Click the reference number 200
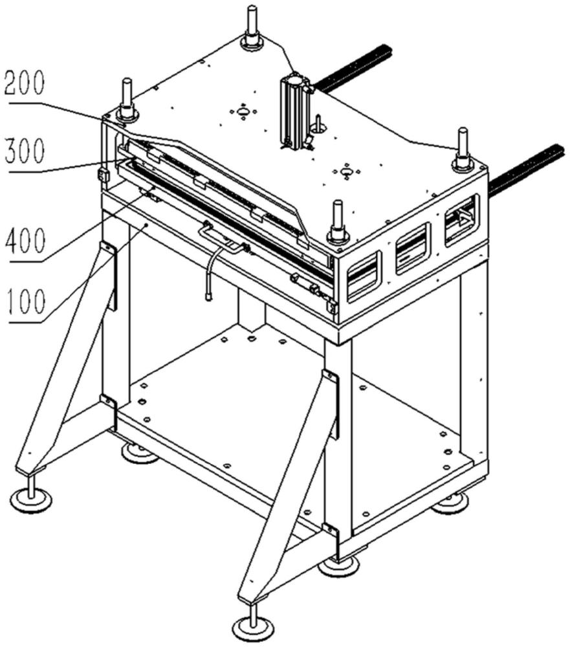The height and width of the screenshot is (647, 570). point(24,83)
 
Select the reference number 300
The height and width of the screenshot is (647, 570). point(24,151)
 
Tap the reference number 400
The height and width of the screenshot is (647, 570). point(25,241)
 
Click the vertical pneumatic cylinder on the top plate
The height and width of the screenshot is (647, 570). point(295,111)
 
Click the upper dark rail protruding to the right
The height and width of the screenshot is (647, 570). point(353,68)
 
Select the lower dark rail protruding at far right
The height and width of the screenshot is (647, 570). point(526,170)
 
